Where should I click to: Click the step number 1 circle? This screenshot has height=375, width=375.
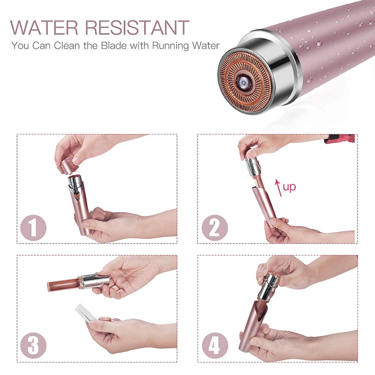33,227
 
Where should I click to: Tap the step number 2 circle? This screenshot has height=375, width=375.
214,227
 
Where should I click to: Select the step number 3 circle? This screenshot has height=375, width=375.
33,345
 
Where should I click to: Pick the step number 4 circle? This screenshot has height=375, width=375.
214,345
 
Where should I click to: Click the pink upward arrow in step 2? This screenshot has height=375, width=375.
277,188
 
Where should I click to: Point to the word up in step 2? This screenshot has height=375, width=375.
289,187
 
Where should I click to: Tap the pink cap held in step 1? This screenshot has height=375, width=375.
69,165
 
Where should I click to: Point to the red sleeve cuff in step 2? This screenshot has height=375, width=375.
340,138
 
